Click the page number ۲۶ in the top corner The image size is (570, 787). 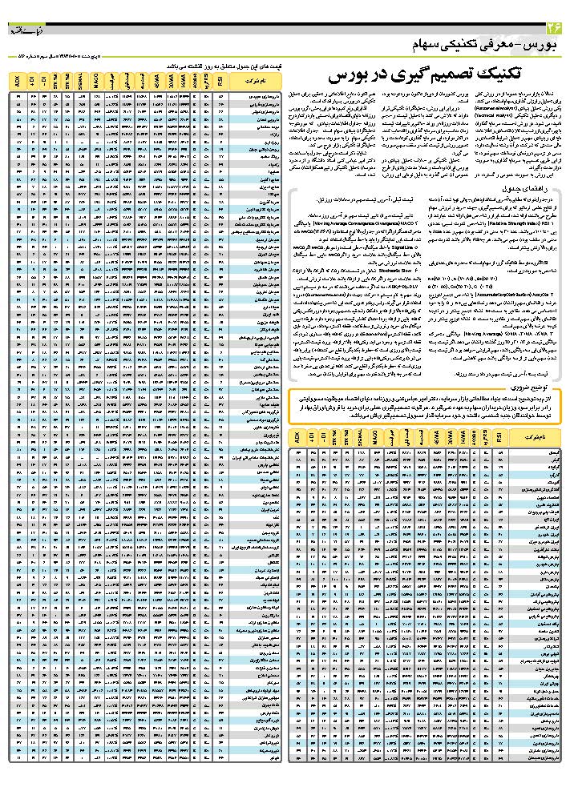point(553,29)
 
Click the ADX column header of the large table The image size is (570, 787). point(17,81)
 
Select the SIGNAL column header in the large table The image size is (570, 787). point(81,81)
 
